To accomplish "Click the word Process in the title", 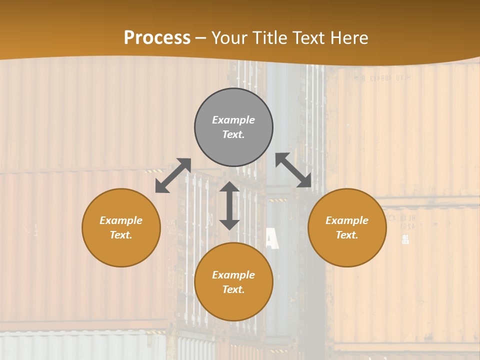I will [x=157, y=38].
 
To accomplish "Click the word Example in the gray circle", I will [x=233, y=120].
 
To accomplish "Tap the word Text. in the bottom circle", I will [x=233, y=289].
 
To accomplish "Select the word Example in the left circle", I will [x=121, y=220].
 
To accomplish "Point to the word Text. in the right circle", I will [x=347, y=235].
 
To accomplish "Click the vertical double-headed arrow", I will [x=229, y=205].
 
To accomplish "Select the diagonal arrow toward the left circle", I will [x=173, y=175].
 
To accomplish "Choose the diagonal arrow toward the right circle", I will [x=293, y=170].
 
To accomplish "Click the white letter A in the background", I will [x=271, y=238].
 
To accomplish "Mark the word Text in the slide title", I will [x=309, y=38].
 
